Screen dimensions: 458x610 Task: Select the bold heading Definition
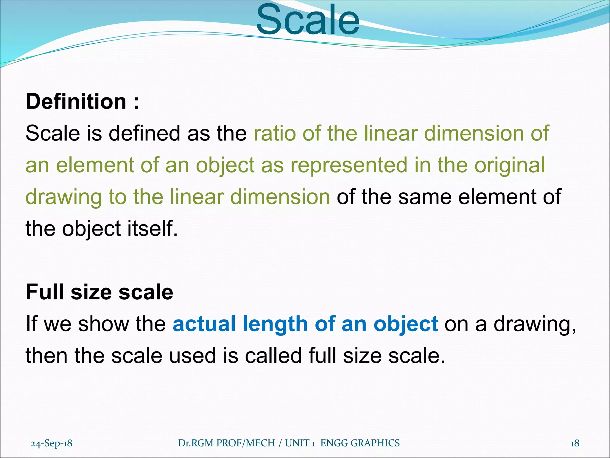[x=76, y=102]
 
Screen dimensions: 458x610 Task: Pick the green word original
[x=510, y=166]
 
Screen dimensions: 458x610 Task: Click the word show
[x=103, y=324]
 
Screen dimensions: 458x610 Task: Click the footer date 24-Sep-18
[x=52, y=443]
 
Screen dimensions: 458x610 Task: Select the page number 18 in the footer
[x=575, y=443]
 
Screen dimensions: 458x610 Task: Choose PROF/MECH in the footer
[x=245, y=443]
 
